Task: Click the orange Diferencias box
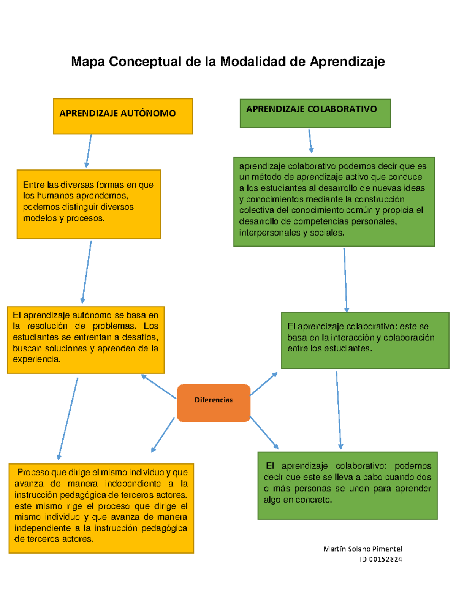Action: click(214, 403)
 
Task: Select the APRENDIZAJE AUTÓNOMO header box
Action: click(123, 116)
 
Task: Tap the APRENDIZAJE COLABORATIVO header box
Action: click(315, 113)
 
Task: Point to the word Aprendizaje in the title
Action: click(347, 62)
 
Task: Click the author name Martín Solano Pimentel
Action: click(363, 549)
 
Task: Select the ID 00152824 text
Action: click(381, 559)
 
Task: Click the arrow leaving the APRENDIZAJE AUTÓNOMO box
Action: click(89, 151)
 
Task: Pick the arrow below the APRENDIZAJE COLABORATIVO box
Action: click(310, 141)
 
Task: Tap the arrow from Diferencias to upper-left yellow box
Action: click(158, 386)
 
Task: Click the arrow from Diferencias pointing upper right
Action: click(264, 384)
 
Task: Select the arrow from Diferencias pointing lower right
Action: click(264, 432)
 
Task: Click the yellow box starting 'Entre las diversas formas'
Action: click(89, 204)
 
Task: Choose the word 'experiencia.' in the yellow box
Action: click(36, 359)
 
